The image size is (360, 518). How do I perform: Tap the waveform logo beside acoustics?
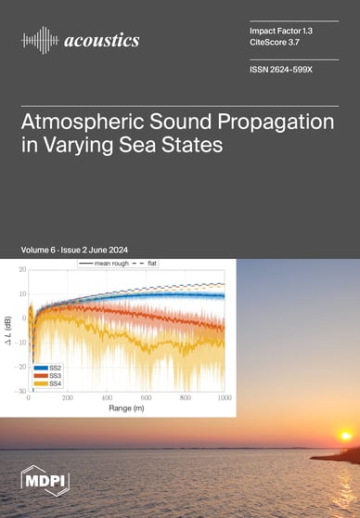pos(39,40)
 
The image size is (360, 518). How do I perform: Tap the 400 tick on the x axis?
pos(108,397)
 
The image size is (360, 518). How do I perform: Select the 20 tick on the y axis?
pos(20,269)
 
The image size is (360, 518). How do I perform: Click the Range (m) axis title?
pos(127,408)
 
